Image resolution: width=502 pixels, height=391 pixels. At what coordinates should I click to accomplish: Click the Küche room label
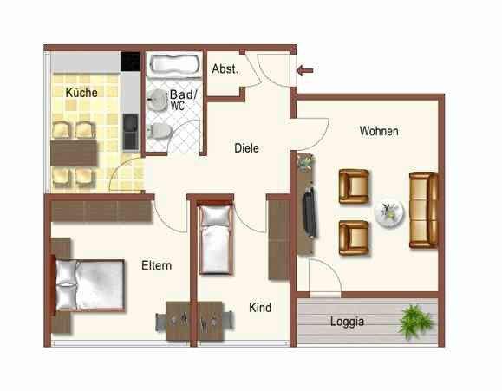[x=81, y=92]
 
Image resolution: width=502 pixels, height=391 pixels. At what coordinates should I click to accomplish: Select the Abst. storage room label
[x=225, y=69]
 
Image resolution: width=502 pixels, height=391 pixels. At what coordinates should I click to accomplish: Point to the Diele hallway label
[x=247, y=148]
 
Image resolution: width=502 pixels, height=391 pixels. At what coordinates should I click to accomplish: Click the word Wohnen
[x=379, y=131]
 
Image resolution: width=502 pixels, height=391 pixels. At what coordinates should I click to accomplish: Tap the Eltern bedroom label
[x=156, y=266]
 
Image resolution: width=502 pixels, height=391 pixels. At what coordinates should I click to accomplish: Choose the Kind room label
[x=260, y=308]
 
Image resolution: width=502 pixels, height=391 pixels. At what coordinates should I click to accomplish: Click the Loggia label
[x=347, y=322]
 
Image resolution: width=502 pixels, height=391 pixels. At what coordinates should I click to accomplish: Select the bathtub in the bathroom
[x=173, y=65]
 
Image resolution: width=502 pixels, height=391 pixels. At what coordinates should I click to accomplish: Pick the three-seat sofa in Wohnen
[x=424, y=209]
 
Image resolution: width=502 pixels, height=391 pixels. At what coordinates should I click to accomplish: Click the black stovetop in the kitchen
[x=130, y=61]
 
